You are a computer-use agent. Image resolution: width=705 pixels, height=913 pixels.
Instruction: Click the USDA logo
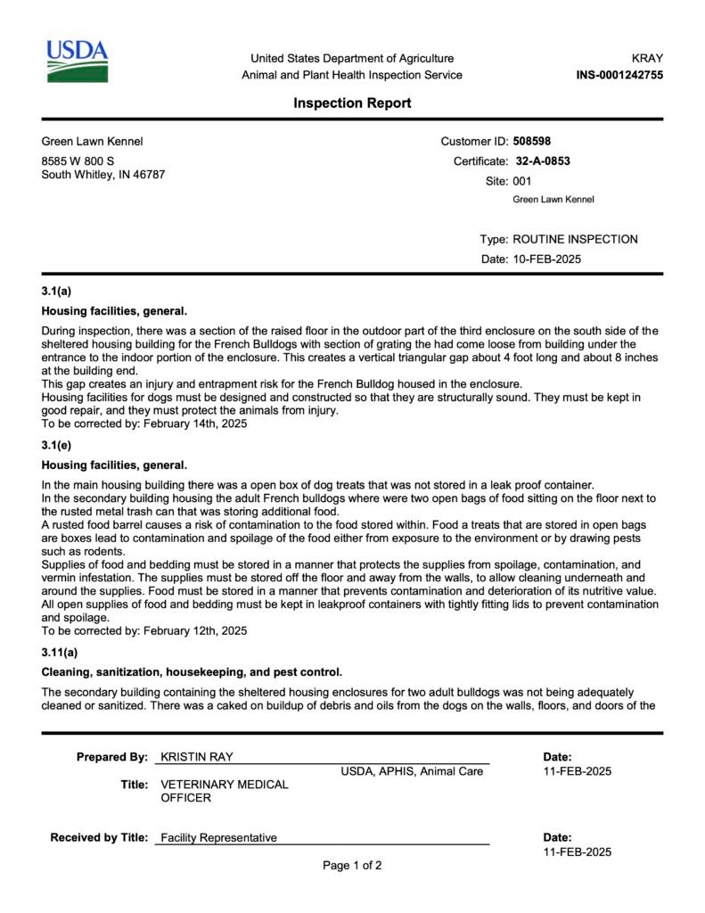(77, 62)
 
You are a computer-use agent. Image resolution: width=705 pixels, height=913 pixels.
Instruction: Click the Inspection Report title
(352, 103)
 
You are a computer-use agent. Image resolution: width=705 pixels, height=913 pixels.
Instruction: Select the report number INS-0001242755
(619, 75)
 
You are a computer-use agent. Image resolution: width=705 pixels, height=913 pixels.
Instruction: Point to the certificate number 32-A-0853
(543, 161)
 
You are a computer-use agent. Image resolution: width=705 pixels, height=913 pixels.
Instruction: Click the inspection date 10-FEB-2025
(546, 259)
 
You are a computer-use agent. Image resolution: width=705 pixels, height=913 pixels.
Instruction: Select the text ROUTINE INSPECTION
(575, 239)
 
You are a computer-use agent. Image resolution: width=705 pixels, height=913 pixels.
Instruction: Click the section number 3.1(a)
(56, 292)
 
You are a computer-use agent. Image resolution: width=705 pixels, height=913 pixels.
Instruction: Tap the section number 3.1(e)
(56, 445)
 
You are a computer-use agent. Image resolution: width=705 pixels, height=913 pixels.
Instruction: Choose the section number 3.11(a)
(60, 652)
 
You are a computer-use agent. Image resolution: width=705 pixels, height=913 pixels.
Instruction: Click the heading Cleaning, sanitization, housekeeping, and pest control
(192, 671)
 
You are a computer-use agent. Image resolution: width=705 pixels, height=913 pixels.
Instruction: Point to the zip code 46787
(147, 175)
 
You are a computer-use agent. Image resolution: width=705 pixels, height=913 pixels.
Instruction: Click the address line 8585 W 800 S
(78, 160)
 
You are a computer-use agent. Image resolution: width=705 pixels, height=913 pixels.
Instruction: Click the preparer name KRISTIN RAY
(197, 757)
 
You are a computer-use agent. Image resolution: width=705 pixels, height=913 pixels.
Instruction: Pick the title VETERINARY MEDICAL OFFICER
(224, 791)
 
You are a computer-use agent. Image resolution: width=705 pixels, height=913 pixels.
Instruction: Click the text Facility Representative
(218, 837)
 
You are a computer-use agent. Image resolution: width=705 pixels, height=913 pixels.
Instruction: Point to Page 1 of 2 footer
(352, 865)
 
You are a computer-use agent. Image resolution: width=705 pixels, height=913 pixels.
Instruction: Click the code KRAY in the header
(647, 58)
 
